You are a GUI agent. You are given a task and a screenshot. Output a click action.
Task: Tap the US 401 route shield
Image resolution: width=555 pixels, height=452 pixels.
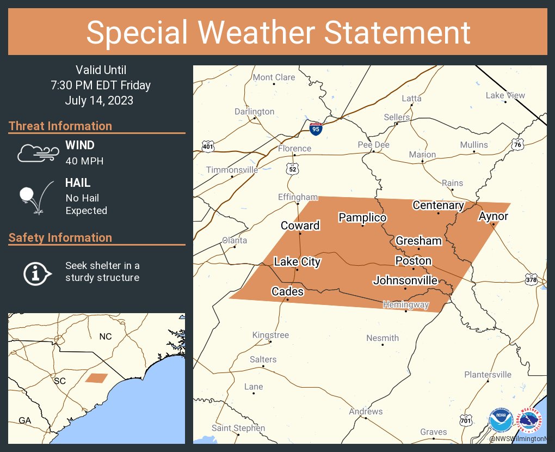click(208, 146)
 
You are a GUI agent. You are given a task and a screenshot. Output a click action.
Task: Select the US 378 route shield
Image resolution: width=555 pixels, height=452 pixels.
click(532, 279)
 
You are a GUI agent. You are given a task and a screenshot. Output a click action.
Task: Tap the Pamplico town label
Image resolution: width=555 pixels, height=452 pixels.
click(362, 218)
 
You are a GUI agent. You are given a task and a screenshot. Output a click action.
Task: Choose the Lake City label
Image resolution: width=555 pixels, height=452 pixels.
click(297, 262)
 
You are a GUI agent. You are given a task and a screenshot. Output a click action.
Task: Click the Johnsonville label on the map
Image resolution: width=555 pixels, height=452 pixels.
click(405, 280)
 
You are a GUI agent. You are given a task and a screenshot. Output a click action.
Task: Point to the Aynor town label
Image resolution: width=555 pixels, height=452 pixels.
click(493, 216)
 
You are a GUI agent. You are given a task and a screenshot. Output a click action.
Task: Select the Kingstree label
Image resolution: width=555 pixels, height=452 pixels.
click(270, 335)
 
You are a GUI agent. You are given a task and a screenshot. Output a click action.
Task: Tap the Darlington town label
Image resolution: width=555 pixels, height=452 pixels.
click(255, 112)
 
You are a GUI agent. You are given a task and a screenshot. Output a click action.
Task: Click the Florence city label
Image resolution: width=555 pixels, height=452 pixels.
click(294, 149)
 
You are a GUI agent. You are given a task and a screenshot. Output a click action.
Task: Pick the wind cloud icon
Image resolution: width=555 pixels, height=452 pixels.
click(37, 153)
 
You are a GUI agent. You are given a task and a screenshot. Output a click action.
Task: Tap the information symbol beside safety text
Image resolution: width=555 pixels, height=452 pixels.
click(36, 272)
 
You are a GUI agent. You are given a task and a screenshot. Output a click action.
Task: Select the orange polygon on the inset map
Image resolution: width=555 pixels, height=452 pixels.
click(96, 378)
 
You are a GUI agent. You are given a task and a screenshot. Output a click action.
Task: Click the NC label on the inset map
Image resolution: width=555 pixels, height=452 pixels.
click(106, 337)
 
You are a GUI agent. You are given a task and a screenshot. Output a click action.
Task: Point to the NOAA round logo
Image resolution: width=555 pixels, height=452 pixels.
click(500, 422)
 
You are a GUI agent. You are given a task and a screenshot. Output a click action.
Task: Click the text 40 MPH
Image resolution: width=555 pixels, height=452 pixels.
click(84, 161)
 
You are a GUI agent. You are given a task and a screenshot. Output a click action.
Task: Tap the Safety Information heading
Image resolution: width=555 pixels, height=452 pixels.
click(60, 237)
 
